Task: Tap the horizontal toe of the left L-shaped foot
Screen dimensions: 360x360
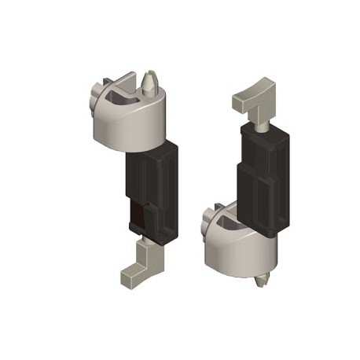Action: pyautogui.click(x=130, y=276)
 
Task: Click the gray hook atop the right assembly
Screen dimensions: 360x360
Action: pyautogui.click(x=252, y=98)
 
